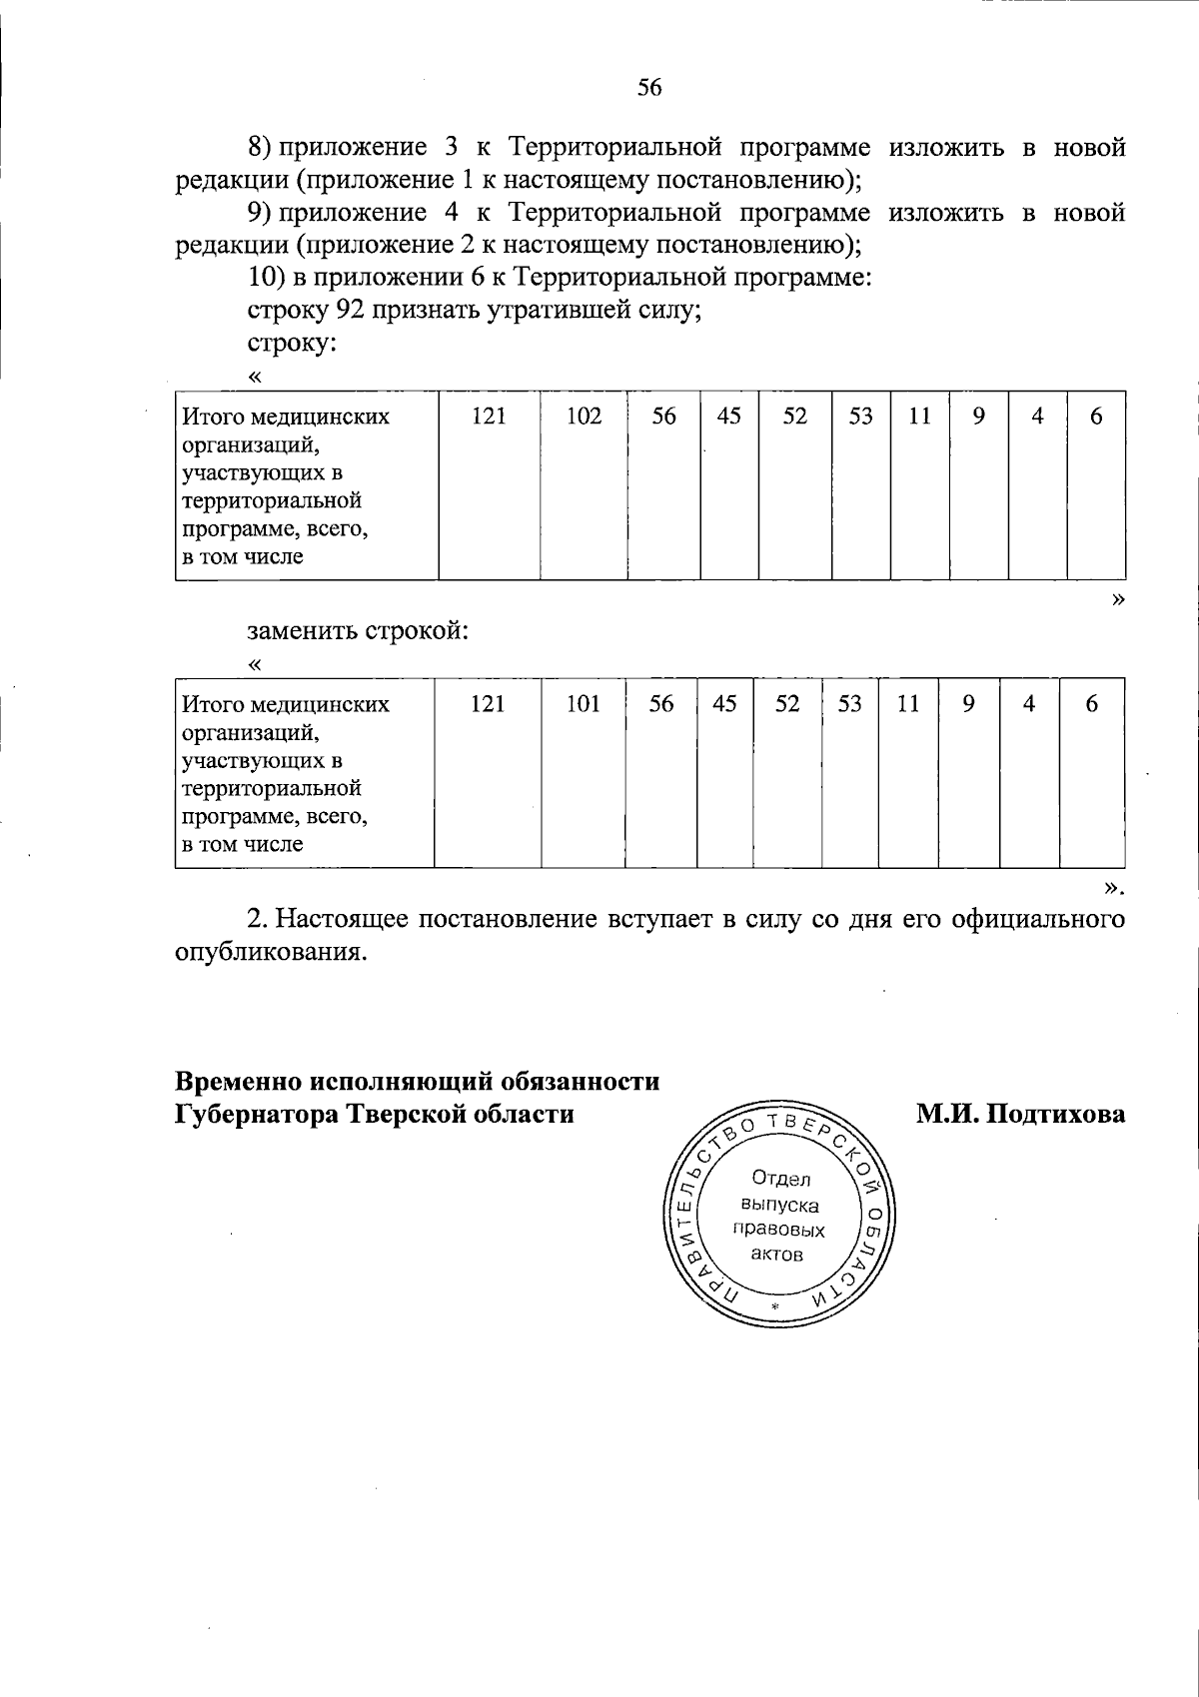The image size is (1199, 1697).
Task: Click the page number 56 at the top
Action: pos(649,88)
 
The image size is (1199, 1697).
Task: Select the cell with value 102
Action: pos(584,417)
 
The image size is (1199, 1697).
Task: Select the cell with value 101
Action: pos(583,704)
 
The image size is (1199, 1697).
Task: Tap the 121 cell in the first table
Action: pos(489,417)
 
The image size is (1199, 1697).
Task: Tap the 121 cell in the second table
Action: pos(488,704)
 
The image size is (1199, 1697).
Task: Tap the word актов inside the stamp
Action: pos(777,1255)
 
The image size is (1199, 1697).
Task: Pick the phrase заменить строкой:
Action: pos(358,631)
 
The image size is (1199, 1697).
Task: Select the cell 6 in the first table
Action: pos(1096,417)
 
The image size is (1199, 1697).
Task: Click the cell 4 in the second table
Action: pos(1029,704)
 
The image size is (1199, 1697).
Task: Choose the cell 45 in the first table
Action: pos(729,417)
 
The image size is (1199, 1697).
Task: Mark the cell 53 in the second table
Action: pos(849,704)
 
